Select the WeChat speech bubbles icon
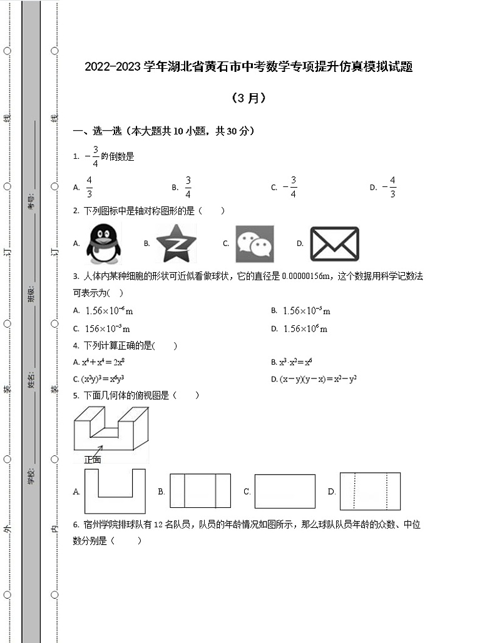[255, 244]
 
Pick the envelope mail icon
[334, 244]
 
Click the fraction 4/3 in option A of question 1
[90, 186]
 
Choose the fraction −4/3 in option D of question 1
[389, 186]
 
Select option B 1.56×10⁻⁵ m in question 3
[306, 311]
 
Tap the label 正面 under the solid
[92, 459]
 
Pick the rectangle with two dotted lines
[370, 491]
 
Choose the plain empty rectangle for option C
[285, 491]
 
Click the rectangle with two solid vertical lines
[200, 491]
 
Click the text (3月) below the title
[248, 98]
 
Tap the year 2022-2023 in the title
[113, 67]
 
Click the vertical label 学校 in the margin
[31, 477]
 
